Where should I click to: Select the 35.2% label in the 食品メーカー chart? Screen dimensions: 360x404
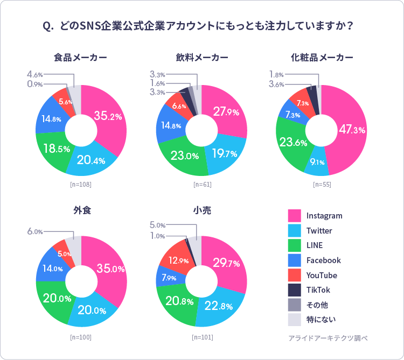coord(108,116)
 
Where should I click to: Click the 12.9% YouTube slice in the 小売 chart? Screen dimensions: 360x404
coord(178,260)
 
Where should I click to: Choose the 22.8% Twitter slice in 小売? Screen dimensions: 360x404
coord(218,306)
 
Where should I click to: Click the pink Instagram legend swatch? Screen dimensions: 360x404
coord(294,216)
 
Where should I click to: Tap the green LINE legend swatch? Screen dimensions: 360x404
coord(294,245)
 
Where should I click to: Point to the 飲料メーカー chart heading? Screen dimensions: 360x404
coord(201,58)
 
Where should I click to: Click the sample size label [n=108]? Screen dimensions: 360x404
coord(81,185)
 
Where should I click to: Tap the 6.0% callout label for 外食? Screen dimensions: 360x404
coord(34,231)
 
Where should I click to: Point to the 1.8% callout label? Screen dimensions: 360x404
coord(276,74)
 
